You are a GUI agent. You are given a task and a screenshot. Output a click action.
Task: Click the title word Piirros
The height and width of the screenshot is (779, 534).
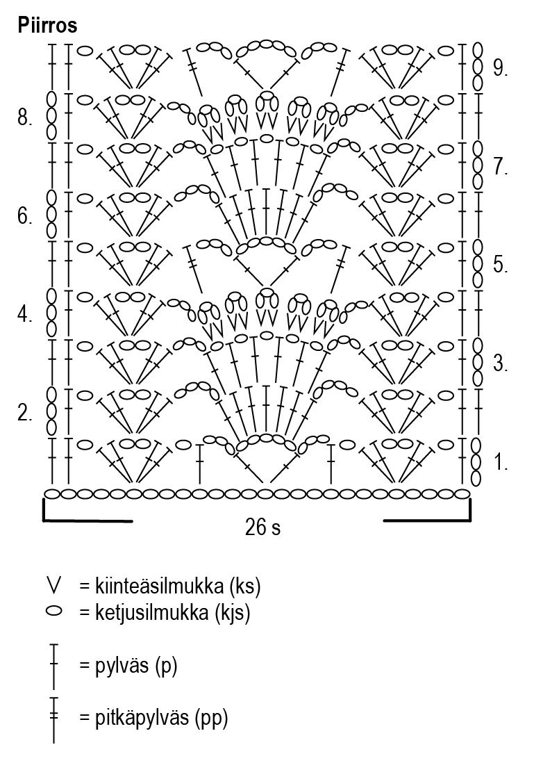coord(47,26)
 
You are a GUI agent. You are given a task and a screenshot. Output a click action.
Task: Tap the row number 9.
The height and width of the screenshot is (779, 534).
coord(501,67)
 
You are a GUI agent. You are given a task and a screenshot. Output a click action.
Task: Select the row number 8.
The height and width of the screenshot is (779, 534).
coord(25,118)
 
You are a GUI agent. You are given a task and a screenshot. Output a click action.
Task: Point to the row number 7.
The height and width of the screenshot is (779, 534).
coord(501,167)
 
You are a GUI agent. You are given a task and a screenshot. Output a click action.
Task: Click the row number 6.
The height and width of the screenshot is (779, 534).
coord(25,217)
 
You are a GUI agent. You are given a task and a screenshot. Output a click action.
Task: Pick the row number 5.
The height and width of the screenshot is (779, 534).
coord(501,265)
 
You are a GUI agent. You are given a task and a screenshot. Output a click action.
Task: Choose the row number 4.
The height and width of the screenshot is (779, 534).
coord(25,315)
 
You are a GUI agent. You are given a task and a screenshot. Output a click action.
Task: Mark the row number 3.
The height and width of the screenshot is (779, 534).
coord(501,363)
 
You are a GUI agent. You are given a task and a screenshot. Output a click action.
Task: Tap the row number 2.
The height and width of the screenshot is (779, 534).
coord(25,414)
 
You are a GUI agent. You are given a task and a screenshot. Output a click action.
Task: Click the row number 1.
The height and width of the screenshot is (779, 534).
coord(501,461)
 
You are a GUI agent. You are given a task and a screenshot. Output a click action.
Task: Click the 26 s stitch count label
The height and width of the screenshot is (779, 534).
coord(262,529)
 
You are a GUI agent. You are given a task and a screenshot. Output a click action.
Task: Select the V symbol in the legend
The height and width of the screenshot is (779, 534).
coord(53,585)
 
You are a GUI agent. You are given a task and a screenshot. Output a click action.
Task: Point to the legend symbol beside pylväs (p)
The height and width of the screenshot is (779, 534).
coord(53,666)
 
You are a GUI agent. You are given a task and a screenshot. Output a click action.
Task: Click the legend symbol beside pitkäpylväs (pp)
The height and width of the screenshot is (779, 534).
coord(53,719)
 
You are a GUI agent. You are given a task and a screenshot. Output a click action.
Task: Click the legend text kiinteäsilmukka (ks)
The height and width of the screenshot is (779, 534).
coord(169,587)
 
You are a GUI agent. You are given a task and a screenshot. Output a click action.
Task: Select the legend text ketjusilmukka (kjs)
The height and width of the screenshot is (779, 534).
coord(165,614)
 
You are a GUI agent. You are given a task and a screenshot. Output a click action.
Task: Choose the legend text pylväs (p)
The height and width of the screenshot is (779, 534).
coord(128,666)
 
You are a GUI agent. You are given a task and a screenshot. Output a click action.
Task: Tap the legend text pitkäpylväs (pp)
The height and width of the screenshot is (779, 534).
coord(153,718)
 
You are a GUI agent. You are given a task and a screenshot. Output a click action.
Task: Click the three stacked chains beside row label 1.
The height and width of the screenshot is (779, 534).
coord(477,461)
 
